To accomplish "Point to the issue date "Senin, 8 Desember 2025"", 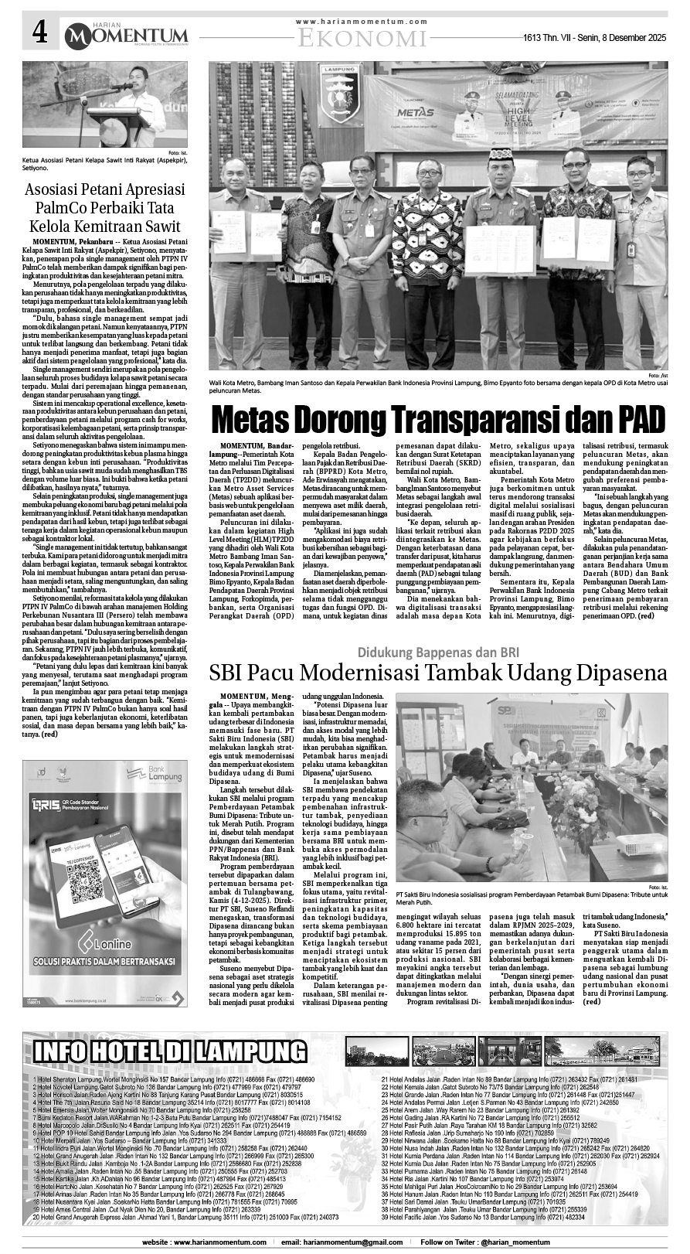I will [615, 37].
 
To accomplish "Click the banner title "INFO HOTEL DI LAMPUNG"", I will [169, 1051].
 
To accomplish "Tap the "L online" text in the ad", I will [114, 945].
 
